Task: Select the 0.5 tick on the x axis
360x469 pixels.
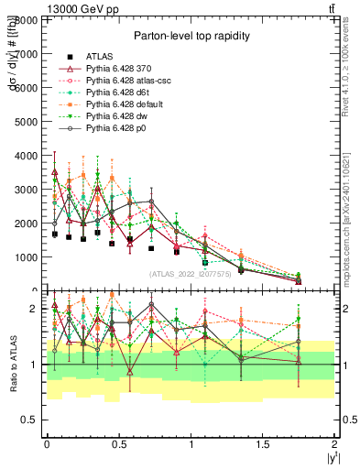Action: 118,443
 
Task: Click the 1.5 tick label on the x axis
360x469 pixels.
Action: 263,443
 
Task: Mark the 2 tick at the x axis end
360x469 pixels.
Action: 334,443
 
